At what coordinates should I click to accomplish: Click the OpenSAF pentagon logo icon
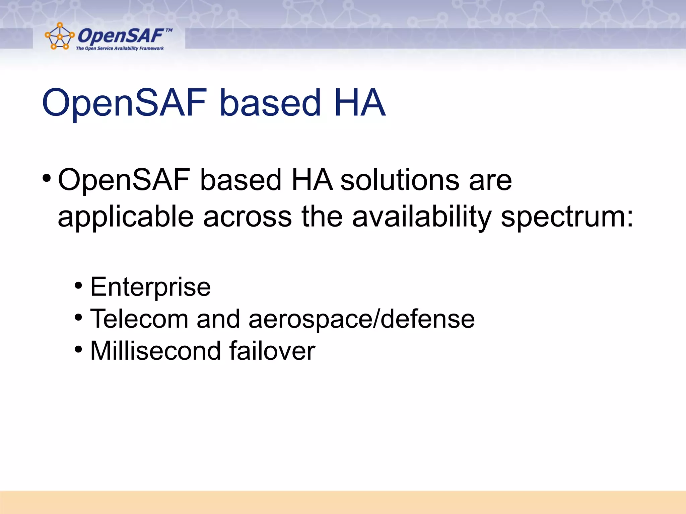pos(59,36)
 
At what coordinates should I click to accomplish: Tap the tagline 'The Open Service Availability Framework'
pos(120,49)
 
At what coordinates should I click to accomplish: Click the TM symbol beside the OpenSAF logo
pos(169,30)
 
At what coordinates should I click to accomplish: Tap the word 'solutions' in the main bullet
pos(400,180)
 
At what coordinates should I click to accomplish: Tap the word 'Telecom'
pos(139,319)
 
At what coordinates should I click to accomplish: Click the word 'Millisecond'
pos(155,351)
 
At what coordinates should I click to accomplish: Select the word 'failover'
pos(272,351)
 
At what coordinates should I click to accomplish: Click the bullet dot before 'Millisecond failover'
pos(78,350)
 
